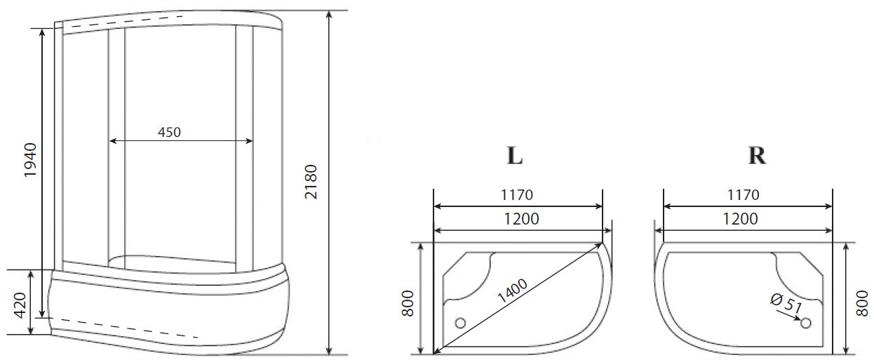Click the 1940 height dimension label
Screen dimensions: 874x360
(30, 160)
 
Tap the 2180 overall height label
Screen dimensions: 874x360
(311, 182)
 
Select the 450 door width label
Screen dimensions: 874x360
(169, 132)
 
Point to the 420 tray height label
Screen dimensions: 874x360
(20, 305)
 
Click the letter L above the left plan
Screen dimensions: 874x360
(515, 155)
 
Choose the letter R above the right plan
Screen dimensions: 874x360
(757, 155)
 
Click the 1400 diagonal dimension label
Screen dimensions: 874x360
(512, 291)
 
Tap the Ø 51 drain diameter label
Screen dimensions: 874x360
(786, 303)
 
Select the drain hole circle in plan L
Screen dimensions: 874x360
(460, 323)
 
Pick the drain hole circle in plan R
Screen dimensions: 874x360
(806, 323)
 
